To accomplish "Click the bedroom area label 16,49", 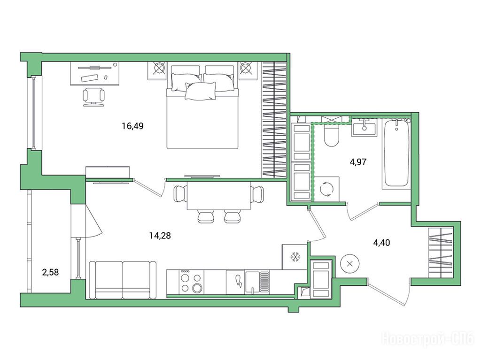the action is (x=132, y=126).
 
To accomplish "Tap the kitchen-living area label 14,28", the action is (x=160, y=236).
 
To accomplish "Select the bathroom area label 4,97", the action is (x=358, y=161).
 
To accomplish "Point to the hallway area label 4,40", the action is (x=381, y=243).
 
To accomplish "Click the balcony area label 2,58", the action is (x=50, y=272).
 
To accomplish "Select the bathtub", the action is (x=396, y=154).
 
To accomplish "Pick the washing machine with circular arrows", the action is (x=327, y=189).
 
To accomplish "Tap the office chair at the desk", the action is (x=93, y=97).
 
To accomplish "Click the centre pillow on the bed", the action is (x=200, y=91).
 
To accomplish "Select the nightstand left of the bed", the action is (x=157, y=71).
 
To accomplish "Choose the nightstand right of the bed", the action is (x=248, y=70).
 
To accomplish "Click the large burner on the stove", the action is (x=197, y=288).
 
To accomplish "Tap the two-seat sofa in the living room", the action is (x=123, y=280).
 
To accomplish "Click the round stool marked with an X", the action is (x=349, y=264).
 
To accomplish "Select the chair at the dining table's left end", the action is (x=180, y=194).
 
